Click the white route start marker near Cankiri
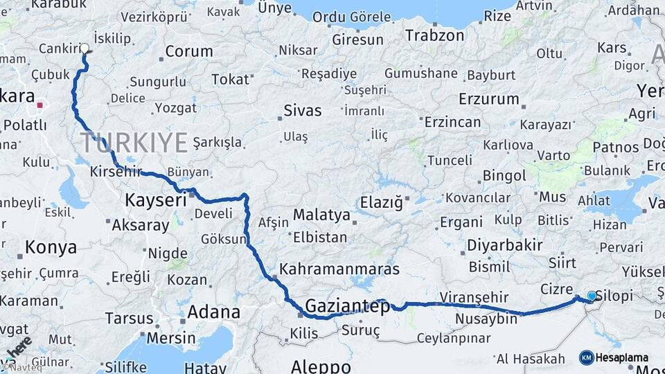coord(85,48)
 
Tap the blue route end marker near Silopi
coord(591,296)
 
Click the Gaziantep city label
coord(348,305)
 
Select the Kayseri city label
coord(156,200)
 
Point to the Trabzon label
coord(434,35)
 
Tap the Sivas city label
coord(303,110)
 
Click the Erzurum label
coord(488,98)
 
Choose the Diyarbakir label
coord(504,245)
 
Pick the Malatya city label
coord(321,215)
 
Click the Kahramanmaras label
coord(339,269)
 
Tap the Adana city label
coord(213,311)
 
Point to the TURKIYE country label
coord(134,142)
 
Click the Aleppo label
coord(320,365)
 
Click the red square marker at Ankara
coord(40,105)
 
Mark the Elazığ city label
coord(381,202)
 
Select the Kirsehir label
coord(115,170)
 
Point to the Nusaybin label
coord(486,319)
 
